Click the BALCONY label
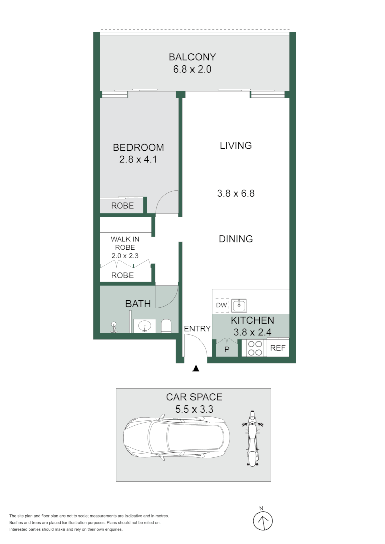[x=192, y=57]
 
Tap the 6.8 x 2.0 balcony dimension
[x=192, y=69]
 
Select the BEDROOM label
[x=138, y=148]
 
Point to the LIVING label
[x=235, y=146]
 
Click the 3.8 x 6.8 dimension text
[x=235, y=193]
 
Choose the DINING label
[x=235, y=239]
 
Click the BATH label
[x=138, y=304]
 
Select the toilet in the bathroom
[x=167, y=326]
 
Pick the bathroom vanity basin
[x=145, y=326]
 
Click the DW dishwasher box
[x=221, y=306]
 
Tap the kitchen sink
[x=239, y=305]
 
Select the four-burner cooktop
[x=254, y=348]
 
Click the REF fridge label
[x=278, y=348]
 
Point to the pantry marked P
[x=227, y=349]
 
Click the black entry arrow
[x=196, y=369]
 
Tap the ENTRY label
[x=197, y=329]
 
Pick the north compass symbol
[x=262, y=520]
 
